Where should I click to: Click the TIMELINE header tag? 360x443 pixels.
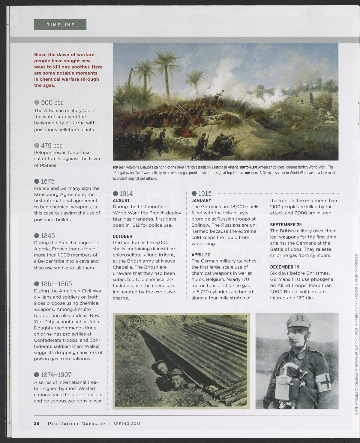click(60, 25)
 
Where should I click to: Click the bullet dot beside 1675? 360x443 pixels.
click(37, 181)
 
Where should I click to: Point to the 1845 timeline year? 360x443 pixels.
click(47, 236)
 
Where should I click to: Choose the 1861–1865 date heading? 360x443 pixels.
click(56, 284)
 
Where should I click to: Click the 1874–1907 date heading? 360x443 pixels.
click(56, 375)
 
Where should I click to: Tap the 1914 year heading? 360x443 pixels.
click(126, 194)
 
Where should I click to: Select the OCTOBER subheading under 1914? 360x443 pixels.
click(122, 236)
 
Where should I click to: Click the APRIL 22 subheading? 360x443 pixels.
click(202, 255)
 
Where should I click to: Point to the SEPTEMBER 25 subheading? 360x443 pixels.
click(286, 224)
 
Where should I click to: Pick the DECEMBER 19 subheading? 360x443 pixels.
click(285, 267)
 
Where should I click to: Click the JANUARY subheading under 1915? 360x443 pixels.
click(201, 201)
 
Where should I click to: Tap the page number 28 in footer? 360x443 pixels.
click(37, 424)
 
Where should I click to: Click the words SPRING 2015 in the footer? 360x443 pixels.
click(127, 424)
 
